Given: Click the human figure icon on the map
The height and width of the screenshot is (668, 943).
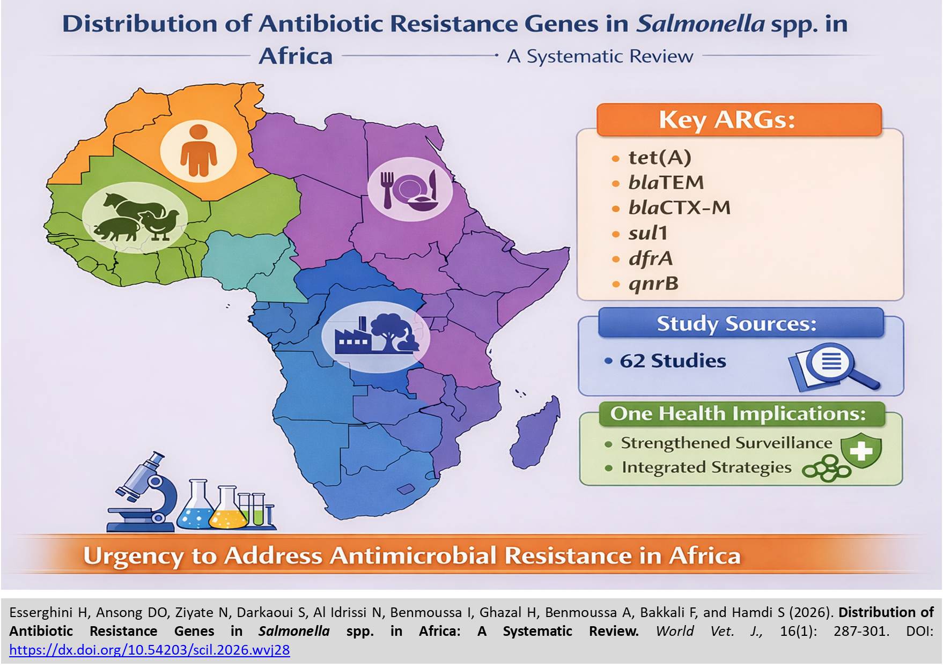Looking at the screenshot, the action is pos(198,150).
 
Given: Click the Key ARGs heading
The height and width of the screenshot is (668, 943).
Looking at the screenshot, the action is pos(727,120).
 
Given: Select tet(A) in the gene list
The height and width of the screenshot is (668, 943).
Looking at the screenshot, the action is pos(660,158).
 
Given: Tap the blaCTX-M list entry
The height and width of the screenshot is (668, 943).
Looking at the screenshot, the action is pos(680,207).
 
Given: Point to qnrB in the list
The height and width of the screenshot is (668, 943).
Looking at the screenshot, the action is pos(653,283).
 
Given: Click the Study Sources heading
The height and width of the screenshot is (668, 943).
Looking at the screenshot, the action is pos(736,324).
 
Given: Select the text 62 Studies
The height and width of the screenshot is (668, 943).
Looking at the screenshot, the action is pos(673,361).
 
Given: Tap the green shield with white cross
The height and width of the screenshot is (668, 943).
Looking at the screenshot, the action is pos(861,450).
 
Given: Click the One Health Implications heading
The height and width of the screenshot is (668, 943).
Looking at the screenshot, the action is pos(738,414).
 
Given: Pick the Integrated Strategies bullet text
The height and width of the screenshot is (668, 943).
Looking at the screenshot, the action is pos(706,467).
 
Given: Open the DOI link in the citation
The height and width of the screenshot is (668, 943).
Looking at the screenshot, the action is pos(150,650).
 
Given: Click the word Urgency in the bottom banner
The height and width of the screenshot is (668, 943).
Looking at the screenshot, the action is pos(133,556).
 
